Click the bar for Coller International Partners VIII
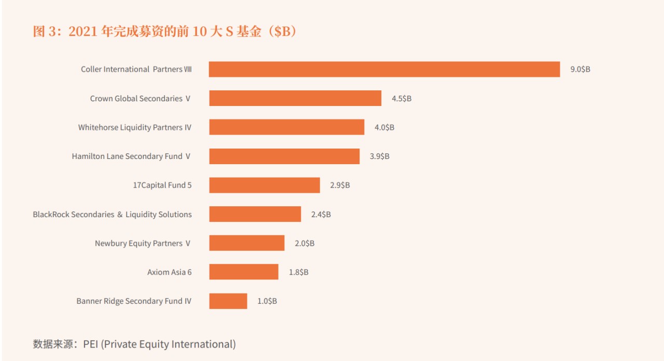pyautogui.click(x=384, y=69)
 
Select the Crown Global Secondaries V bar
pyautogui.click(x=295, y=98)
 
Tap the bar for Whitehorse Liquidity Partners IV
pyautogui.click(x=286, y=127)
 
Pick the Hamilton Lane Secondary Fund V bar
pyautogui.click(x=284, y=156)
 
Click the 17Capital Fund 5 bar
pyautogui.click(x=265, y=185)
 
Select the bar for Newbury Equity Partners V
pyautogui.click(x=247, y=243)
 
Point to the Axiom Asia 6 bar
pyautogui.click(x=244, y=272)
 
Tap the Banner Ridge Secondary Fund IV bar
pyautogui.click(x=228, y=301)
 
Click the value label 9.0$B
pyautogui.click(x=580, y=69)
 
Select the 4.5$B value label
pyautogui.click(x=402, y=98)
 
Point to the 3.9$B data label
pyautogui.click(x=379, y=156)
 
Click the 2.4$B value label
pyautogui.click(x=321, y=214)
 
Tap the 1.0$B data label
pyautogui.click(x=267, y=301)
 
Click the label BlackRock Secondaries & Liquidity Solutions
pyautogui.click(x=112, y=214)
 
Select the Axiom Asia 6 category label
pyautogui.click(x=169, y=272)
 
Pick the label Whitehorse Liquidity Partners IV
pyautogui.click(x=134, y=127)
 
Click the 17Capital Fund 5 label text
pyautogui.click(x=162, y=185)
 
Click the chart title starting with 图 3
pyautogui.click(x=164, y=32)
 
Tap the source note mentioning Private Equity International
pyautogui.click(x=134, y=344)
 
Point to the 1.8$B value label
pyautogui.click(x=298, y=272)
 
